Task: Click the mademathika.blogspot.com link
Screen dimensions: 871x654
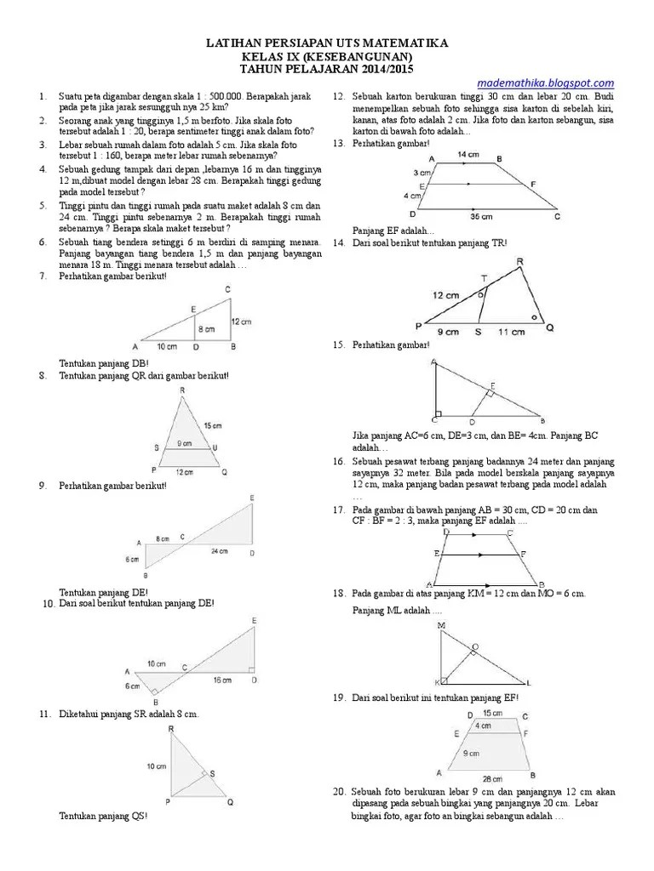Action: click(545, 83)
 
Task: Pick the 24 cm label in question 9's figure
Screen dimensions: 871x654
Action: click(219, 550)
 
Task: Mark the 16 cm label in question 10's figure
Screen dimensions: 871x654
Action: click(221, 680)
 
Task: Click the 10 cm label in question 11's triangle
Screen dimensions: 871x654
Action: click(156, 766)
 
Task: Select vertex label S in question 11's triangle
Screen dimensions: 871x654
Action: click(212, 771)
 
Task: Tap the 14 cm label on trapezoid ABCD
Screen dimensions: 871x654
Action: click(467, 155)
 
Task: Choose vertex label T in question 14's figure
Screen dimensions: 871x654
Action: click(485, 278)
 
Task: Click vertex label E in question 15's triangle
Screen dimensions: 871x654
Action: click(491, 384)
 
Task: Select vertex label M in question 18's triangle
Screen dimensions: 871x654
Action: click(441, 625)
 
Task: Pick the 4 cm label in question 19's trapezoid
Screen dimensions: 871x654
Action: click(484, 726)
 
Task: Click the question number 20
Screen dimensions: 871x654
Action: click(337, 792)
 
